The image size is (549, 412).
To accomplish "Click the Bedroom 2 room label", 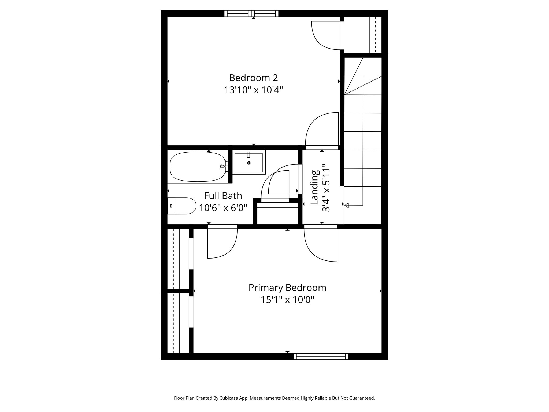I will [x=253, y=78].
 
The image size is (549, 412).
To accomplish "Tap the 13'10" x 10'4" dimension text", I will [x=253, y=90].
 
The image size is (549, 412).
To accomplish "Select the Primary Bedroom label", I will [x=287, y=288].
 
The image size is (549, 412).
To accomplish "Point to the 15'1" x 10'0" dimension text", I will [x=287, y=300].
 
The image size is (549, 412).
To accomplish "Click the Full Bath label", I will [x=223, y=196].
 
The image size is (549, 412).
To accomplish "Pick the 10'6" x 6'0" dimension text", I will [x=223, y=208].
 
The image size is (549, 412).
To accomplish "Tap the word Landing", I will [x=315, y=187].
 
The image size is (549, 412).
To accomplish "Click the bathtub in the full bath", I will [x=198, y=167].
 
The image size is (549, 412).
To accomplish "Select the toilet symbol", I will [x=182, y=206].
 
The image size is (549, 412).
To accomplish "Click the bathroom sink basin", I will [x=249, y=163].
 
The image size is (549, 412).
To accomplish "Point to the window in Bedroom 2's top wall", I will [x=251, y=13].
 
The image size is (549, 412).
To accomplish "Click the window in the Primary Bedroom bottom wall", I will [x=321, y=356].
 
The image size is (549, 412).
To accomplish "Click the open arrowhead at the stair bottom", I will [x=346, y=205].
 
